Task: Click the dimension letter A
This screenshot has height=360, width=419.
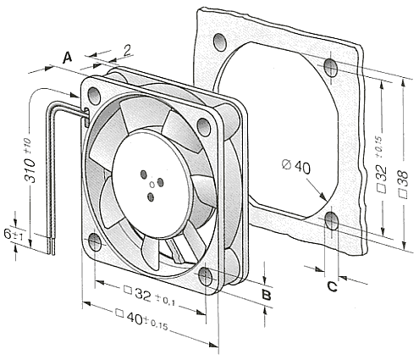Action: pos(67,58)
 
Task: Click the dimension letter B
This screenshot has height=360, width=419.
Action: pos(267,295)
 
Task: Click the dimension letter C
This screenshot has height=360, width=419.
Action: pos(332,286)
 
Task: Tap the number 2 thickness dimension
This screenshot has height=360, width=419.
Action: pos(128,50)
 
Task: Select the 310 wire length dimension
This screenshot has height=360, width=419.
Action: pos(30,161)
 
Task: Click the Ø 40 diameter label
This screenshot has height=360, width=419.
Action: pos(296,167)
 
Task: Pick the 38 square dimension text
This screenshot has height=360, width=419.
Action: pos(403,185)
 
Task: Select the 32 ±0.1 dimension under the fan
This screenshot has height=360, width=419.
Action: pos(150,296)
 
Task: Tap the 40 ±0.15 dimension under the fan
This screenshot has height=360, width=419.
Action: pos(141,320)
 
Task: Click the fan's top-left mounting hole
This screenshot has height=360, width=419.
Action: pos(94,96)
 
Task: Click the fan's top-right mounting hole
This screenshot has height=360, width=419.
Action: pos(204,127)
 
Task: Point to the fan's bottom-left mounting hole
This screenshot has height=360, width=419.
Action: pos(95,242)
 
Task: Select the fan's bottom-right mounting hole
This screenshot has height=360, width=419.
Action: pos(206,276)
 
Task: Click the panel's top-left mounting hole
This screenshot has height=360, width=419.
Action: pos(220,42)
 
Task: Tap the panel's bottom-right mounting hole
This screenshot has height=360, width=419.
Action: pos(332,220)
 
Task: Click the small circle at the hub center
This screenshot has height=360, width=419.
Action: pos(152,186)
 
